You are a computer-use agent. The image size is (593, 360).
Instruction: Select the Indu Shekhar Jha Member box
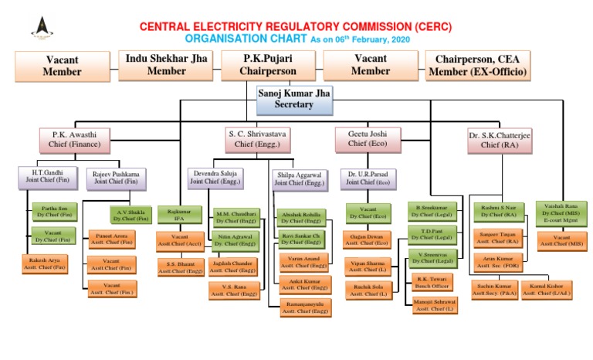(x=167, y=65)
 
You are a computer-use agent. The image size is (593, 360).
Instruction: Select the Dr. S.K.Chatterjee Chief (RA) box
(x=499, y=140)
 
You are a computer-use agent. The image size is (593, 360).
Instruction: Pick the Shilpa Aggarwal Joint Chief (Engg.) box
(x=302, y=179)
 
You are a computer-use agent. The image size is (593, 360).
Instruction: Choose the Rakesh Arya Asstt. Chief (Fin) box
(x=45, y=264)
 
